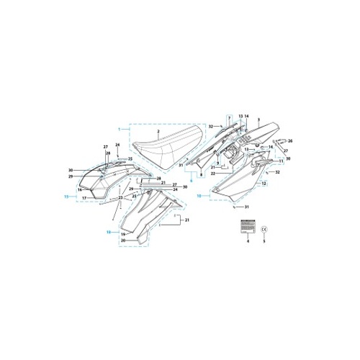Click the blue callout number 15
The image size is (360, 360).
coord(66,196)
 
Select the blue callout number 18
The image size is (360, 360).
coord(109,233)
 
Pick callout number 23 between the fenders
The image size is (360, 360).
coord(121,197)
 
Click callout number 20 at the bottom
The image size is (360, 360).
coord(123,240)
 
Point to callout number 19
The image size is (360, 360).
coord(123,235)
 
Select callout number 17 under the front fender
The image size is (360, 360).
coord(84,197)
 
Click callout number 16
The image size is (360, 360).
coord(80,190)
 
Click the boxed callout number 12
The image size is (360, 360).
coord(264,184)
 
